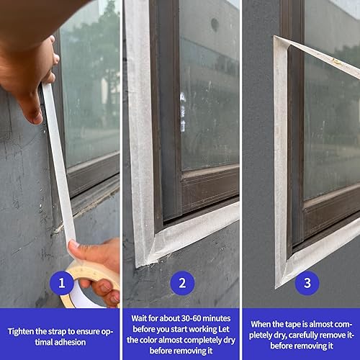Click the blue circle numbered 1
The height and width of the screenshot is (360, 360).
point(62,283)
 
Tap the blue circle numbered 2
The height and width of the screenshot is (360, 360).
point(182,283)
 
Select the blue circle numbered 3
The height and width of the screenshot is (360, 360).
point(307,283)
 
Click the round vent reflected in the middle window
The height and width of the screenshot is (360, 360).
point(215,24)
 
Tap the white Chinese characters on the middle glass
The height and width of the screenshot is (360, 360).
point(183,112)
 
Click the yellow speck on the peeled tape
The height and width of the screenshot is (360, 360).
point(336,62)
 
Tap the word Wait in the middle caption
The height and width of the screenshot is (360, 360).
point(139,318)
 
